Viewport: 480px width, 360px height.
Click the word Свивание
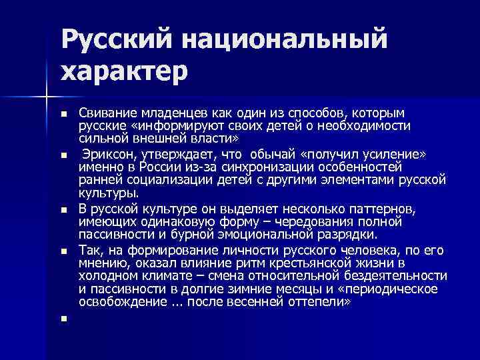pos(106,113)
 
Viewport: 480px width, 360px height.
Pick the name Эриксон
pos(107,154)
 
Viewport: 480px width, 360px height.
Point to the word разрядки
pos(347,234)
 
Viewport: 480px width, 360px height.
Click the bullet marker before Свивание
pos(63,114)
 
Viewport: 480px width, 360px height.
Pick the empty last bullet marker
pos(63,318)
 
